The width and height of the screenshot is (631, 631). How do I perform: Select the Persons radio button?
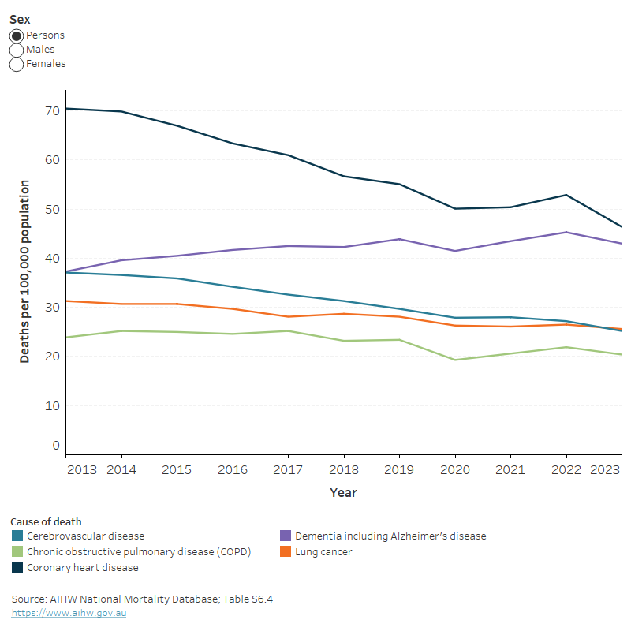[x=17, y=35]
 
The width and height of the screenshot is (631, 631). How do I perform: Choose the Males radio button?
[x=17, y=50]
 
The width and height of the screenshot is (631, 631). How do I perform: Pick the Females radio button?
[x=17, y=64]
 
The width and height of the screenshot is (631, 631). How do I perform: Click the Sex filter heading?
[x=20, y=20]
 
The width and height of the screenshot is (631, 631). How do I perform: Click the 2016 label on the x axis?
[x=233, y=470]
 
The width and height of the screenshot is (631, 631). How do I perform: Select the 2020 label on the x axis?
[x=455, y=470]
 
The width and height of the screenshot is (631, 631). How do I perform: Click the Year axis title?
[x=343, y=493]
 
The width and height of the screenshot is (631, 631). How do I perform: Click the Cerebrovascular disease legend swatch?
[x=17, y=536]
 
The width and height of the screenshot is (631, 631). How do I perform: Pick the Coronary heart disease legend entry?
[x=82, y=568]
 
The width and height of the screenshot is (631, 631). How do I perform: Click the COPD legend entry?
[x=138, y=552]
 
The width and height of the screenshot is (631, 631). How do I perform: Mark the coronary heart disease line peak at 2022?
[x=566, y=195]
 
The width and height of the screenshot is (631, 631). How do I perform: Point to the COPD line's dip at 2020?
[x=455, y=360]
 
